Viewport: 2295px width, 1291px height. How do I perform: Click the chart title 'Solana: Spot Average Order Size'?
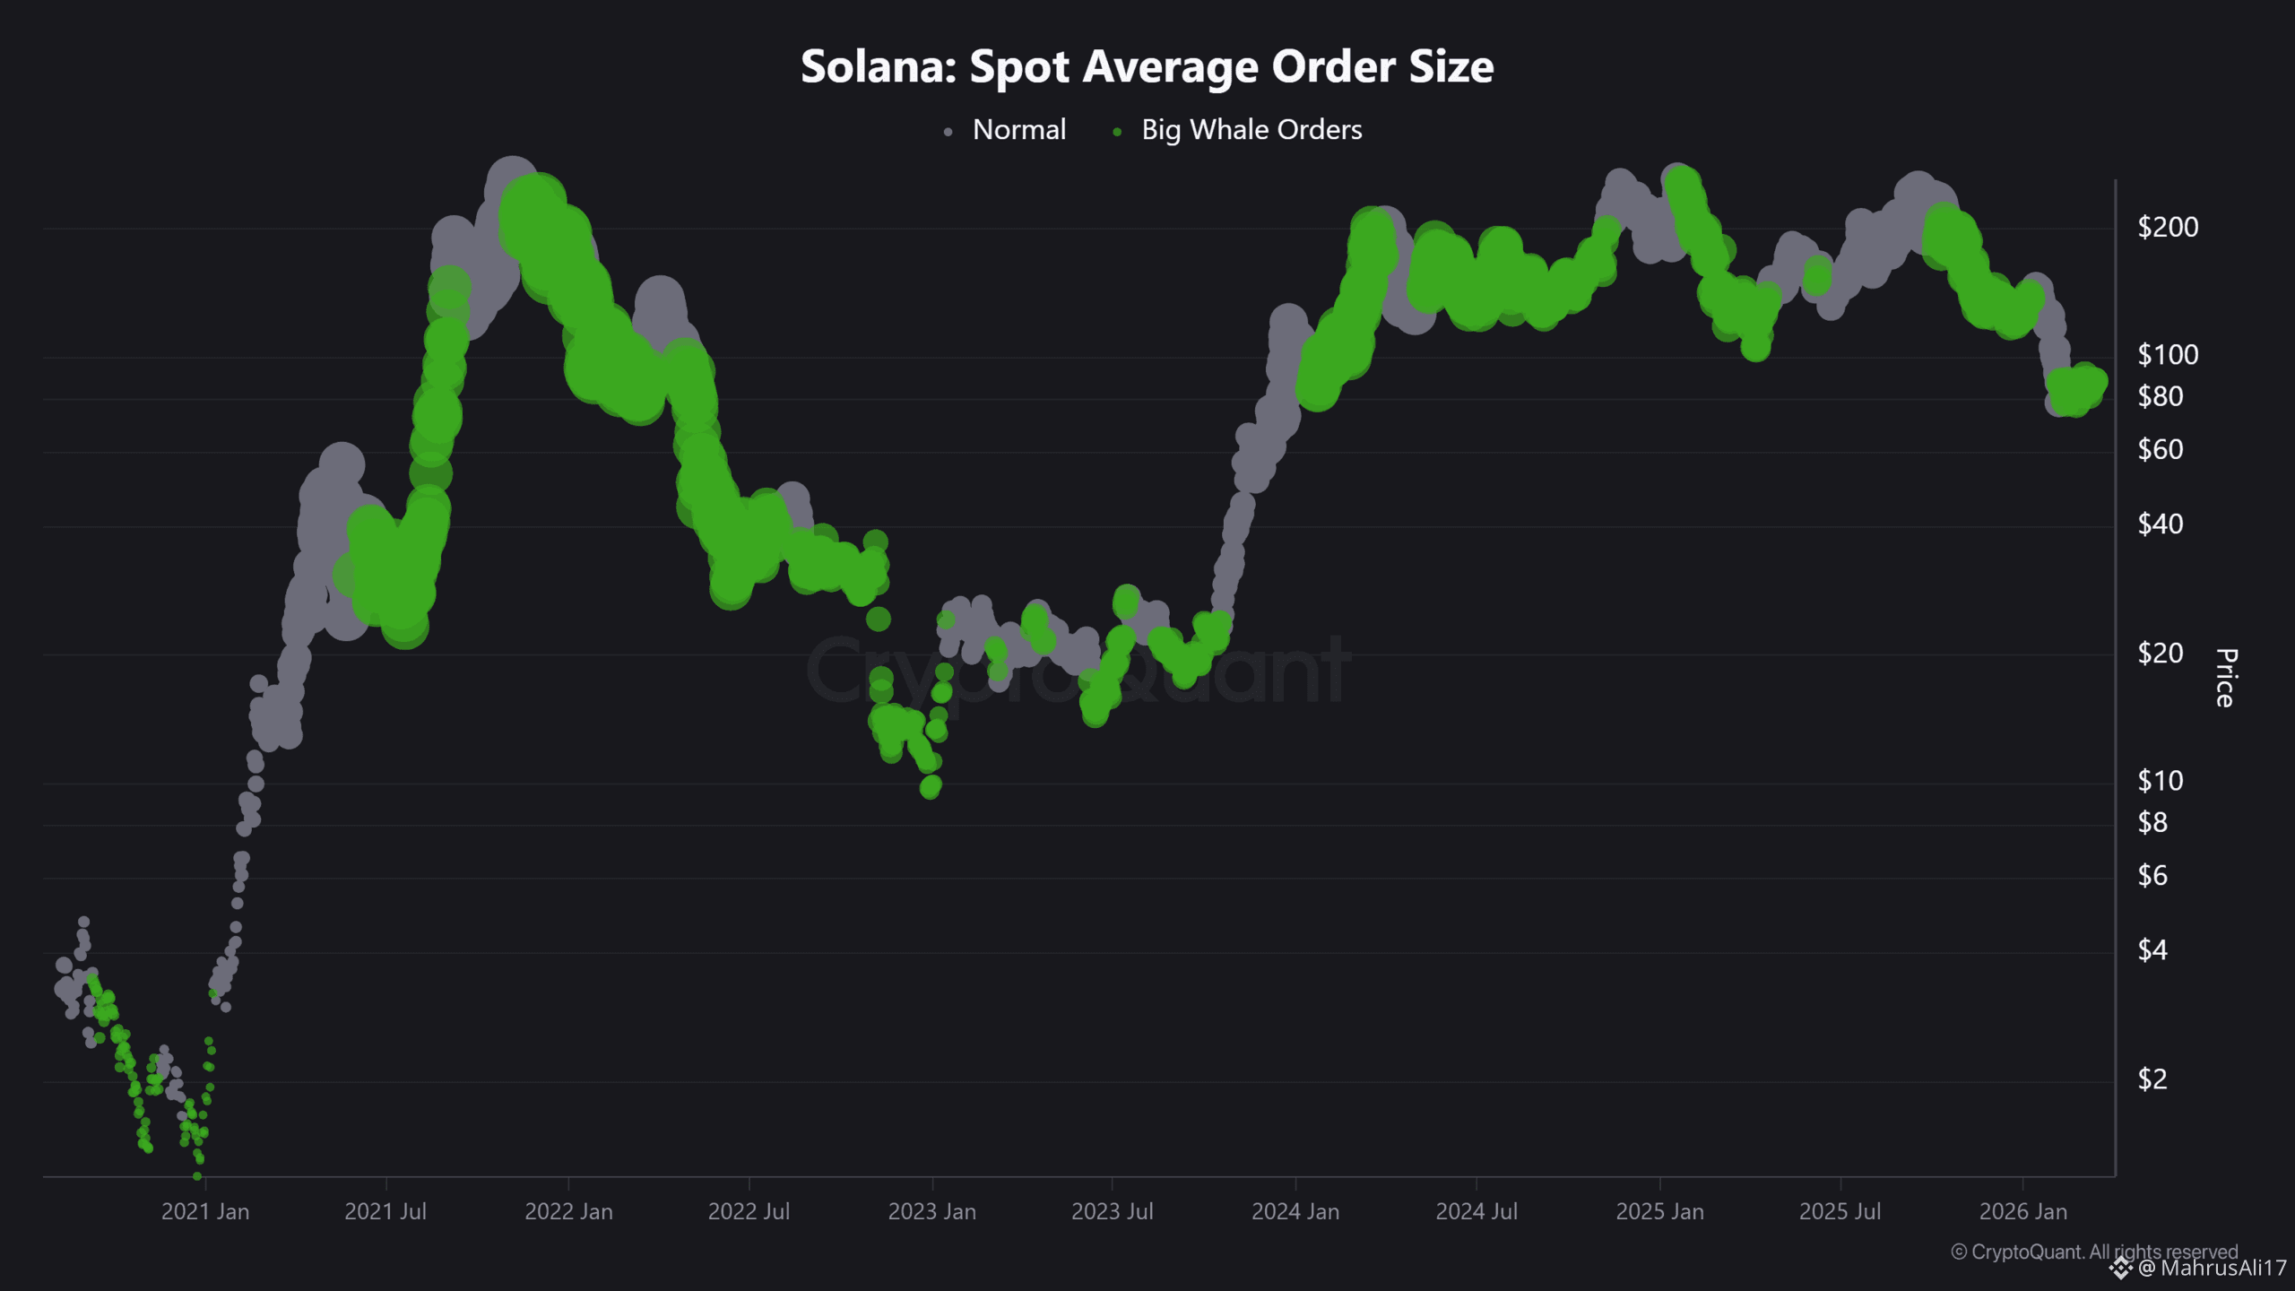tap(1147, 66)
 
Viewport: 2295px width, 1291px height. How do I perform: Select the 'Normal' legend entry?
tap(1018, 130)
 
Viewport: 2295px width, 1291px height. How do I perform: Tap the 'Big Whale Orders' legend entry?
tap(1251, 130)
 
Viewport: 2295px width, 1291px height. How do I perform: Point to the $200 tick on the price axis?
tap(2168, 227)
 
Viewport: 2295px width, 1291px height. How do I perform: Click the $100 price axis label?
tap(2168, 355)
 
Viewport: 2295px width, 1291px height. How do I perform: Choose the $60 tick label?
tap(2160, 449)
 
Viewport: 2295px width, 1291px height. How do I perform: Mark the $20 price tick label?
tap(2160, 653)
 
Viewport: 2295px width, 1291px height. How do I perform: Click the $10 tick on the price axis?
tap(2160, 781)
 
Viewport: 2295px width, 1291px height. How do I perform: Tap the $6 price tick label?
tap(2152, 875)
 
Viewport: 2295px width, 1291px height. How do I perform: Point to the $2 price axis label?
tap(2152, 1079)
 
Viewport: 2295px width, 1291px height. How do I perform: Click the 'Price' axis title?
tap(2226, 678)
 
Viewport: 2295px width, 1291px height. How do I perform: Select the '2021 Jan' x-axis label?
tap(205, 1211)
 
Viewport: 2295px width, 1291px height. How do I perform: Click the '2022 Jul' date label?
tap(749, 1211)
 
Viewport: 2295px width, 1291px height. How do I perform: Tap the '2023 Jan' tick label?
tap(931, 1211)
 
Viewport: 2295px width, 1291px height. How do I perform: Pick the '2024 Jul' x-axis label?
tap(1477, 1211)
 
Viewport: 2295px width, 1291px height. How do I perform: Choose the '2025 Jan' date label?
tap(1659, 1211)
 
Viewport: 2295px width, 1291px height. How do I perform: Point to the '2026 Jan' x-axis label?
tap(2022, 1211)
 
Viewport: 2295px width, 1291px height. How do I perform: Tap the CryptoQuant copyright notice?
tap(2093, 1251)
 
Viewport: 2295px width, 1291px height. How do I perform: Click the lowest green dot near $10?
tap(931, 787)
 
